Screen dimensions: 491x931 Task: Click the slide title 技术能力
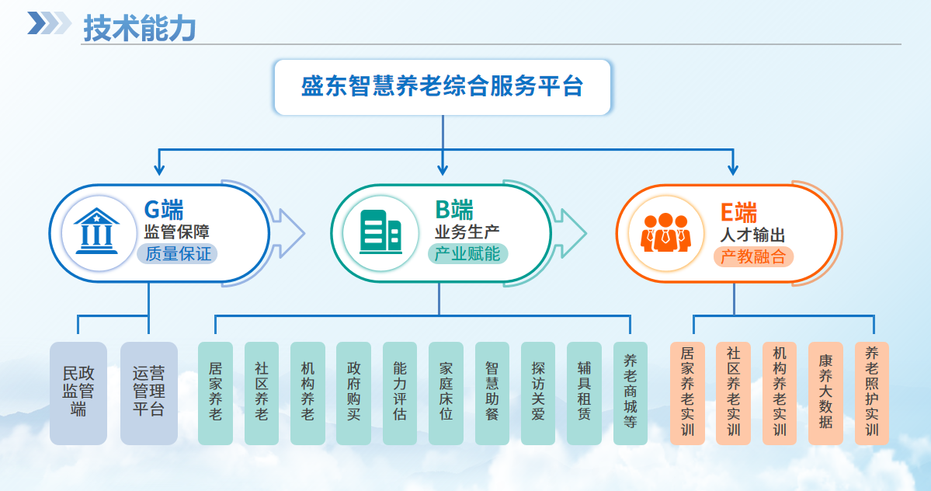[x=139, y=29]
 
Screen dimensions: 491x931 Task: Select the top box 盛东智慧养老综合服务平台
[x=443, y=87]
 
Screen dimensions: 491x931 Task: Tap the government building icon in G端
[x=96, y=232]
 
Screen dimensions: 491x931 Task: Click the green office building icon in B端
[x=380, y=232]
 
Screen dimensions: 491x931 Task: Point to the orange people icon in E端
[x=665, y=232]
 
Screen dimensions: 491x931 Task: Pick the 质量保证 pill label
[x=178, y=253]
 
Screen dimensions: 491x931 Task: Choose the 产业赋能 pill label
[x=467, y=253]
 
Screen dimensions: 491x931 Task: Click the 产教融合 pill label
[x=753, y=256]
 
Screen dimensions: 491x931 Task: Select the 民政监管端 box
[x=78, y=393]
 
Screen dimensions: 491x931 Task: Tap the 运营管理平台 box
[x=149, y=393]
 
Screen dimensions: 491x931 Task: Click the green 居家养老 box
[x=215, y=393]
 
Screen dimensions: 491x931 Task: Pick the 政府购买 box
[x=353, y=393]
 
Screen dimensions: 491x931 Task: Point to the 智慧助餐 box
[x=492, y=393]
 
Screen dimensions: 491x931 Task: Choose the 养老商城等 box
[x=630, y=393]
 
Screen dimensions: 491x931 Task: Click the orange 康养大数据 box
[x=825, y=393]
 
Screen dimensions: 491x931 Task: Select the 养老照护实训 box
[x=871, y=393]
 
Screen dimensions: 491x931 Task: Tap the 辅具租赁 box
[x=584, y=393]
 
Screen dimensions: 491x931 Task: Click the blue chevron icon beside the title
[x=49, y=23]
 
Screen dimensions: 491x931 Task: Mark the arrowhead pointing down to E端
[x=732, y=169]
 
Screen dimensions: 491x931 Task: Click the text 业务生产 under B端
[x=467, y=232]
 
